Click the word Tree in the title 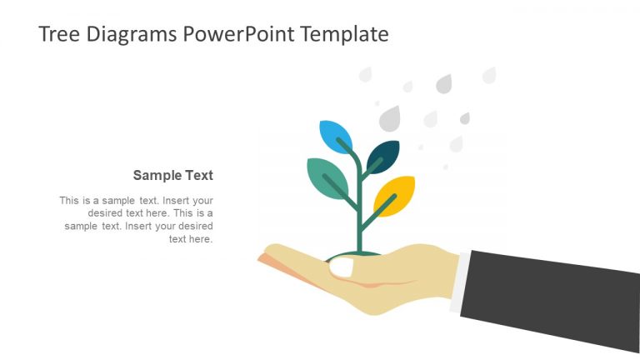[57, 34]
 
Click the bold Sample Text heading [173, 175]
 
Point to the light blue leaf [335, 135]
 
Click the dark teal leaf [383, 155]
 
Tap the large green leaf [327, 177]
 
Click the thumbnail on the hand [342, 267]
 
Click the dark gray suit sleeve [550, 296]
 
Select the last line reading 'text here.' [191, 238]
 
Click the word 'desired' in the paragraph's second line [105, 213]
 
